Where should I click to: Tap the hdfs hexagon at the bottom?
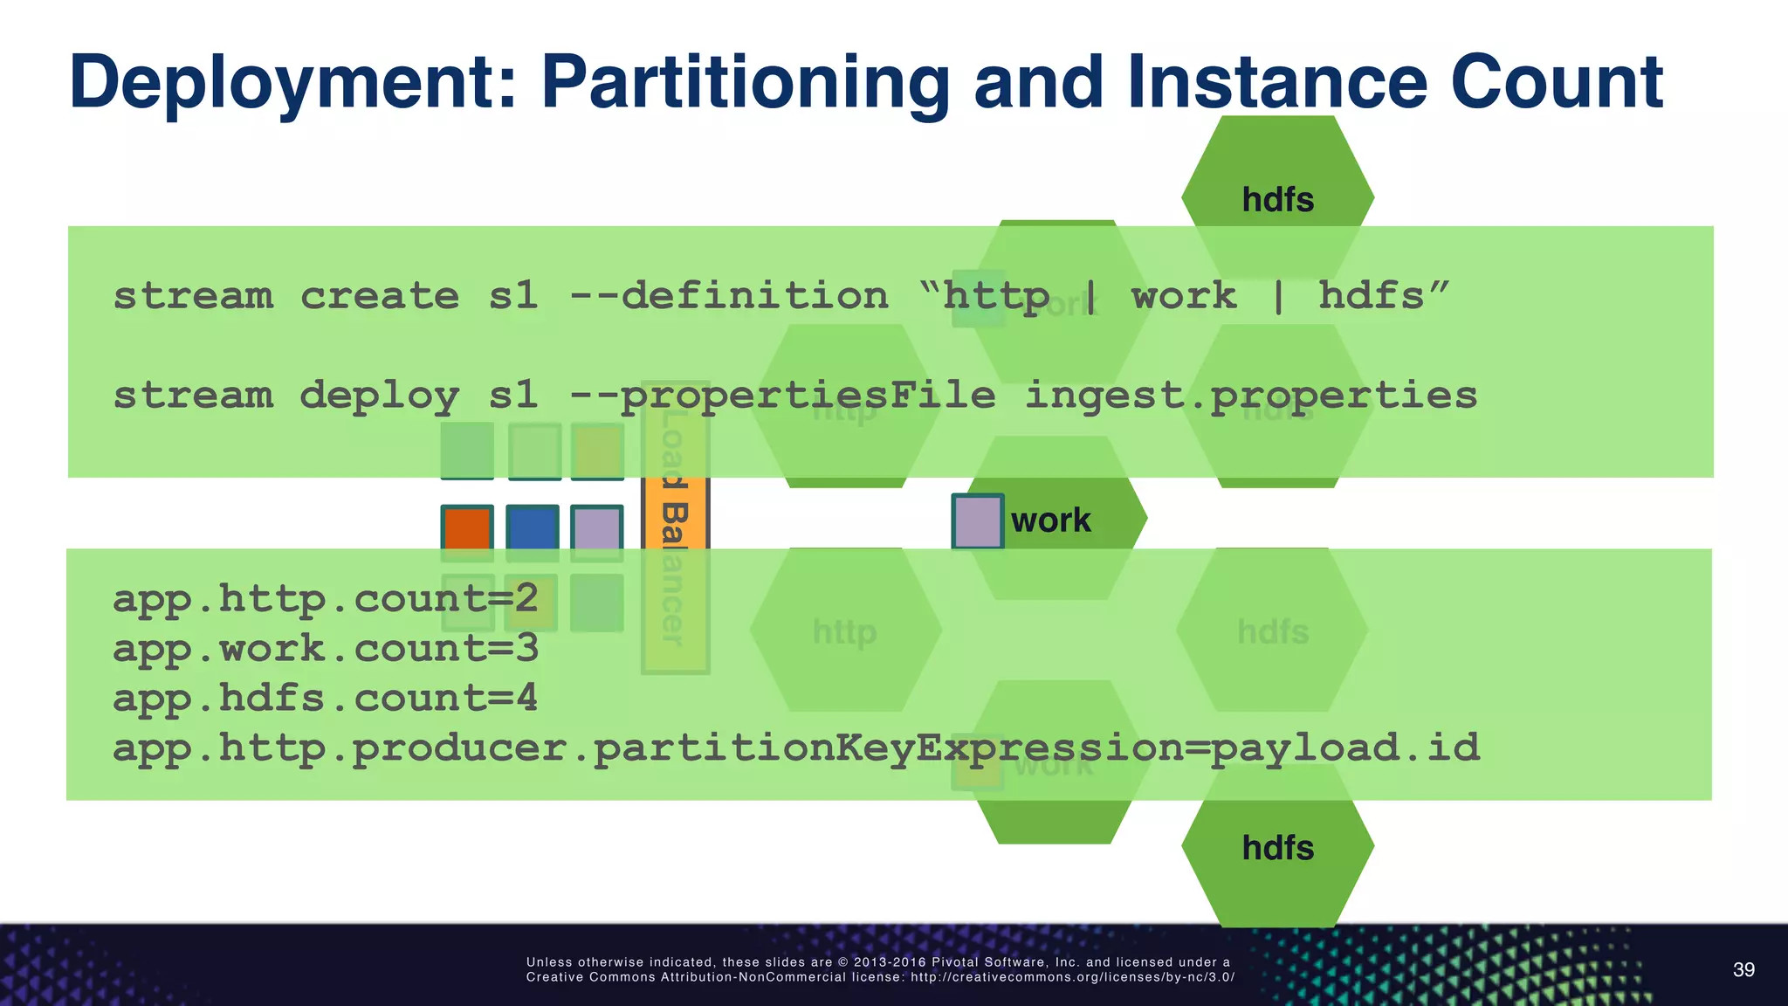point(1277,847)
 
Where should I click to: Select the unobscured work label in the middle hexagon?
point(1050,520)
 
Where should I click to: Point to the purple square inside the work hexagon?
point(977,521)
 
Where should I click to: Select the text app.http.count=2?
point(325,599)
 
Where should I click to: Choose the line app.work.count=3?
point(325,649)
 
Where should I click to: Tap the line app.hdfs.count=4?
point(325,699)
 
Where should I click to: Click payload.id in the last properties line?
point(1344,748)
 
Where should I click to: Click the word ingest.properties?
point(1250,396)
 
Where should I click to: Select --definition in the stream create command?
point(728,296)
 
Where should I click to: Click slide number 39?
point(1743,970)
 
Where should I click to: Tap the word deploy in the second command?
point(379,396)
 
